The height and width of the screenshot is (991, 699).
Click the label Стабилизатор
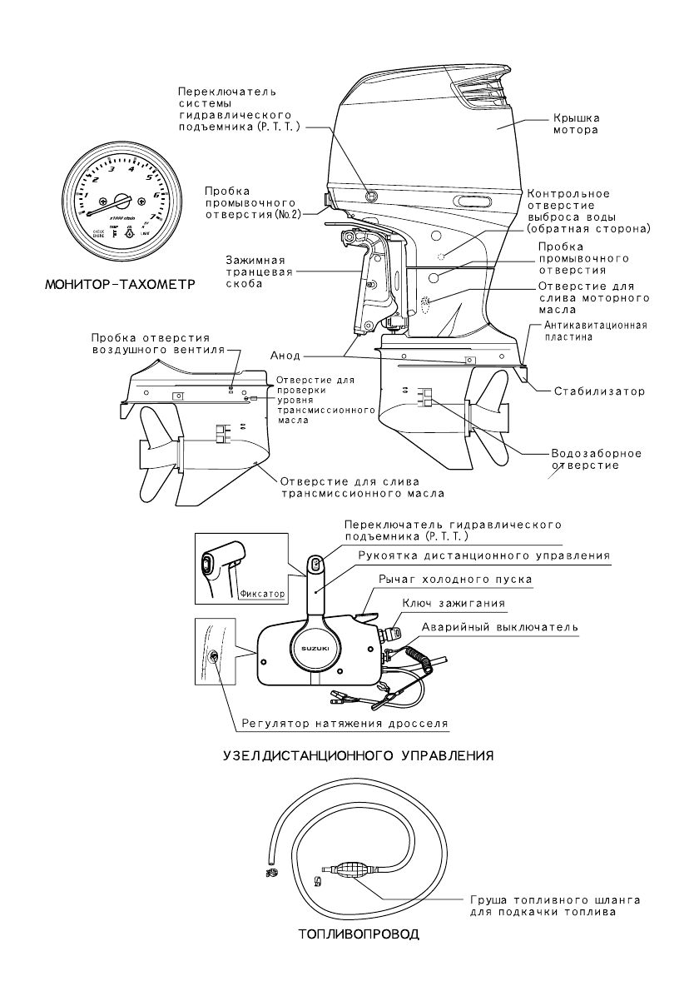tap(591, 390)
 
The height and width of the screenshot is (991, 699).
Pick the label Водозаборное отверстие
tap(596, 460)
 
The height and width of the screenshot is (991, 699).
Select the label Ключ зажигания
tap(451, 601)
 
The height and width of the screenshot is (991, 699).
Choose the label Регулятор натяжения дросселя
tap(345, 724)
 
